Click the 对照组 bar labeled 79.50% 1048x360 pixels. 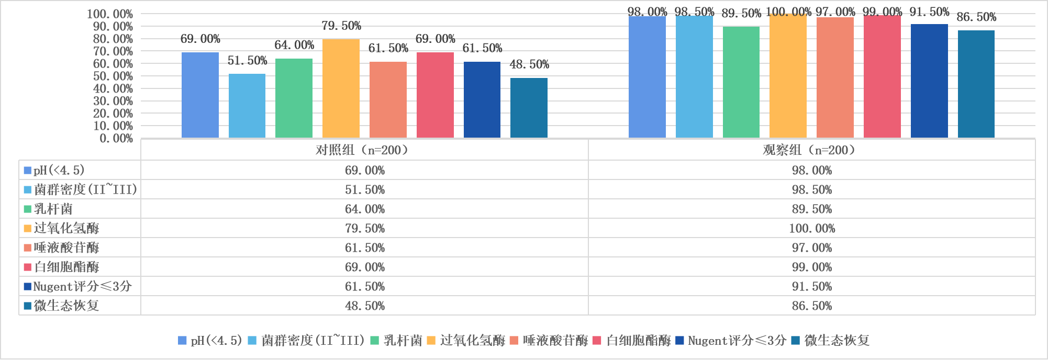341,88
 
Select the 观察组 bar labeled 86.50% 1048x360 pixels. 976,84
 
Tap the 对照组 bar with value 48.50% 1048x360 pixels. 529,108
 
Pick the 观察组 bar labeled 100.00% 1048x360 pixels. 788,76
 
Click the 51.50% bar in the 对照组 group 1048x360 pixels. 247,106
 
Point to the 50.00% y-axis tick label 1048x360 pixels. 113,76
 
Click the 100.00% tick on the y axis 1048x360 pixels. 110,14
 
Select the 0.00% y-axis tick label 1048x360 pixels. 116,138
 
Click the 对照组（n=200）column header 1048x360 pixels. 364,150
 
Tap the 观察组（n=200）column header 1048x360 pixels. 811,150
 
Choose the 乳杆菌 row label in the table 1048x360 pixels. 53,209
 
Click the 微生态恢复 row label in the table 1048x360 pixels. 66,306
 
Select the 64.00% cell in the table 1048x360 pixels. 364,209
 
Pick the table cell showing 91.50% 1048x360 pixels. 811,286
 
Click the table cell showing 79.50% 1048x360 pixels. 364,228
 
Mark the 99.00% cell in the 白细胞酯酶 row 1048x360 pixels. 811,267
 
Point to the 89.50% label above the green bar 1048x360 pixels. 741,14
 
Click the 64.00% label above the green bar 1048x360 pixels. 294,46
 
